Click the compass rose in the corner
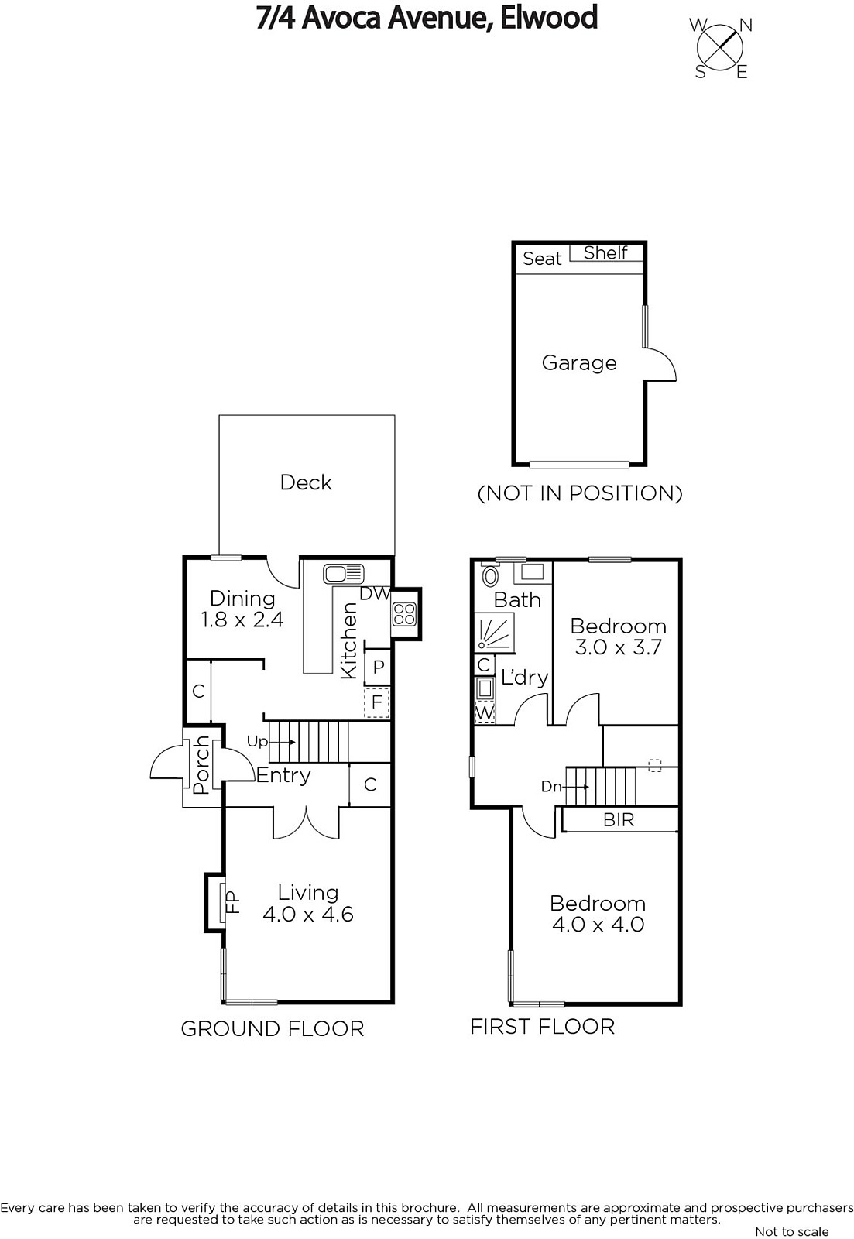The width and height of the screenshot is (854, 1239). (x=719, y=48)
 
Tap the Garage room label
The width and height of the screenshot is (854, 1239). (x=578, y=363)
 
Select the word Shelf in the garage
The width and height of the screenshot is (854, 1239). (x=605, y=252)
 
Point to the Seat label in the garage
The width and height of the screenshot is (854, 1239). (x=541, y=259)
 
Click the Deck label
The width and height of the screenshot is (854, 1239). (x=305, y=482)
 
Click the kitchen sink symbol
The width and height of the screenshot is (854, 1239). (x=343, y=574)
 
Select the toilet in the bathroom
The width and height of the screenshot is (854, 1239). (x=490, y=576)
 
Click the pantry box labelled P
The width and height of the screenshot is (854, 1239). (x=379, y=667)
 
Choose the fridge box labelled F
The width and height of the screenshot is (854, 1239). (x=376, y=702)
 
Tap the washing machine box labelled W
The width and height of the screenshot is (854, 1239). (x=485, y=713)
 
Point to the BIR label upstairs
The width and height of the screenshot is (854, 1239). (x=619, y=819)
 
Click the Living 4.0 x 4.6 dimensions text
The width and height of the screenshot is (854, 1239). (x=308, y=914)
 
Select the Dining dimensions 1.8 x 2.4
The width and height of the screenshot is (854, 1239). (x=242, y=619)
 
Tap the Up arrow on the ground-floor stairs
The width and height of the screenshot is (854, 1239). (x=283, y=742)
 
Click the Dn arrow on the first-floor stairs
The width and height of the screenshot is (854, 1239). (x=576, y=786)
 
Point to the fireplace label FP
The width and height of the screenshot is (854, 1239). (x=234, y=901)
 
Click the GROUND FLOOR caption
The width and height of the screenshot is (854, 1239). (x=272, y=1029)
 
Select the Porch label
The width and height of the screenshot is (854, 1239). (x=202, y=764)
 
